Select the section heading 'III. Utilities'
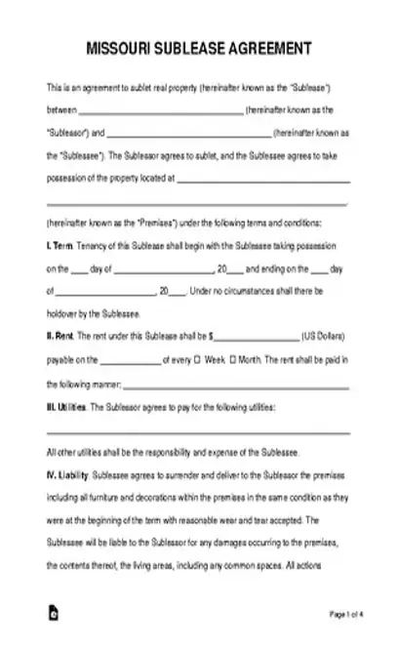tap(65, 405)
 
